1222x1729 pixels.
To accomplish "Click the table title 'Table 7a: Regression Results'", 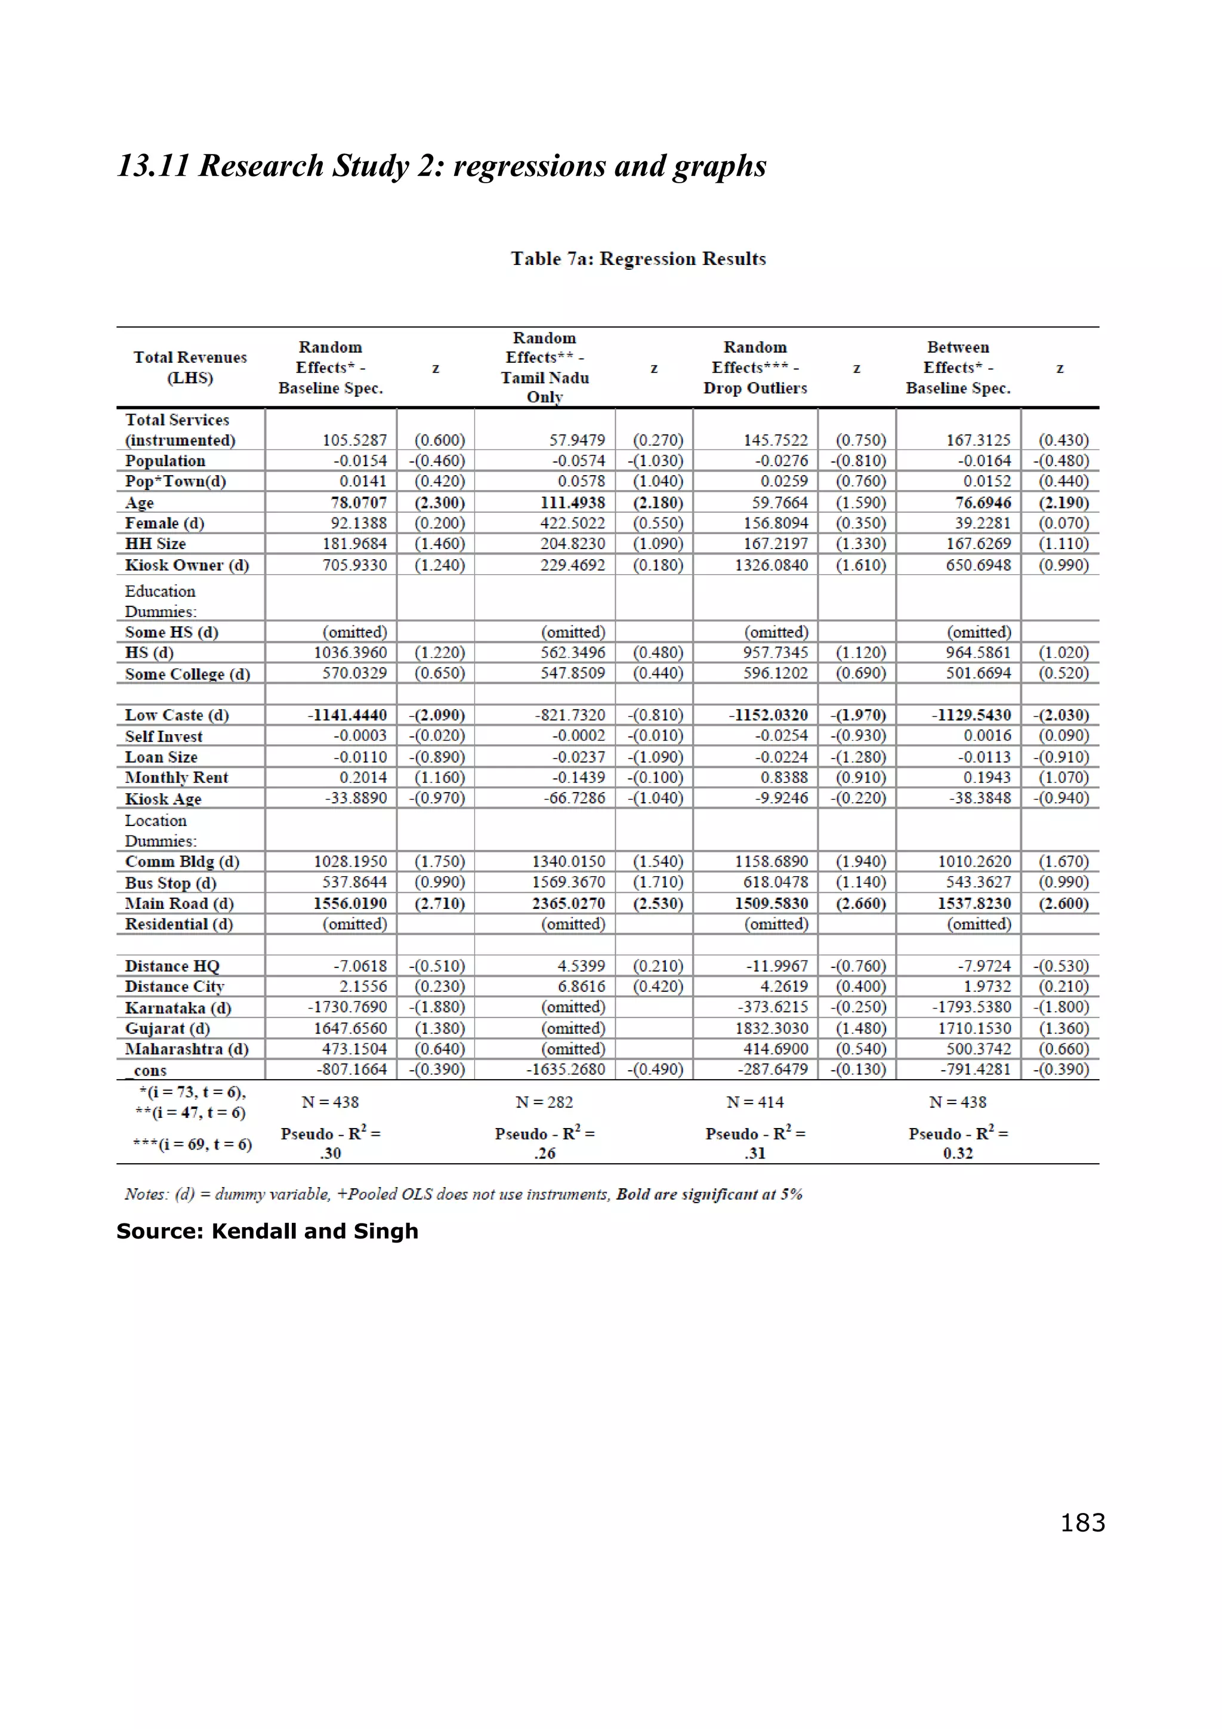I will pyautogui.click(x=638, y=258).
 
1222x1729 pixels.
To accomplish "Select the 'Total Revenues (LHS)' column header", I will pyautogui.click(x=190, y=368).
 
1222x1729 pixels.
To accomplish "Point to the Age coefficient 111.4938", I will pyautogui.click(x=572, y=503).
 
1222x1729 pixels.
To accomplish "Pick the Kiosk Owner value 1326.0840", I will pyautogui.click(x=771, y=565).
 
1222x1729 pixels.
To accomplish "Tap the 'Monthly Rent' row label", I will pyautogui.click(x=176, y=777).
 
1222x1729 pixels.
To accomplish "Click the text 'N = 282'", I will pyautogui.click(x=544, y=1102).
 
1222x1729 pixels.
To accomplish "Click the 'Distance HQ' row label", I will pyautogui.click(x=172, y=966).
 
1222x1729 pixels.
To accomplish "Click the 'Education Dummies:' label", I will pyautogui.click(x=161, y=601).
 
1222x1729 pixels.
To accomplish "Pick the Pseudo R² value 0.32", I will pyautogui.click(x=957, y=1153).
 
